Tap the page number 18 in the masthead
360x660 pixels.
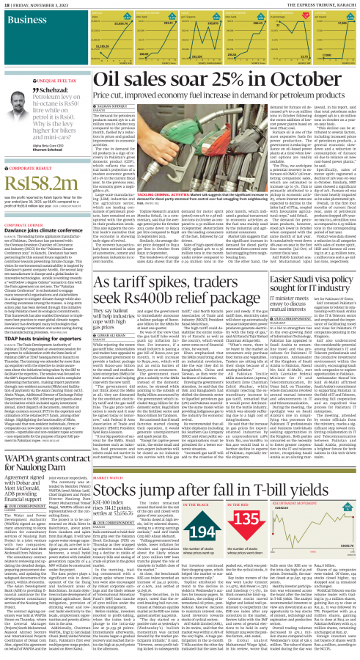coord(6,5)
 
